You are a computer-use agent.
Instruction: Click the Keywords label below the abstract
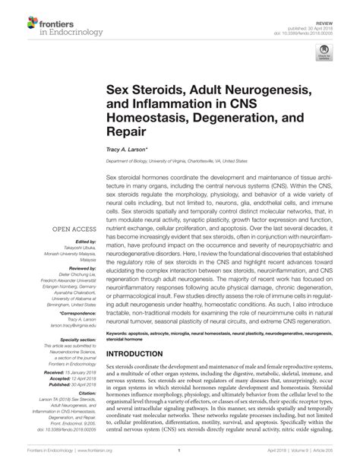tap(122, 333)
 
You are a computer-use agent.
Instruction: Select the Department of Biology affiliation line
tap(176, 162)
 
